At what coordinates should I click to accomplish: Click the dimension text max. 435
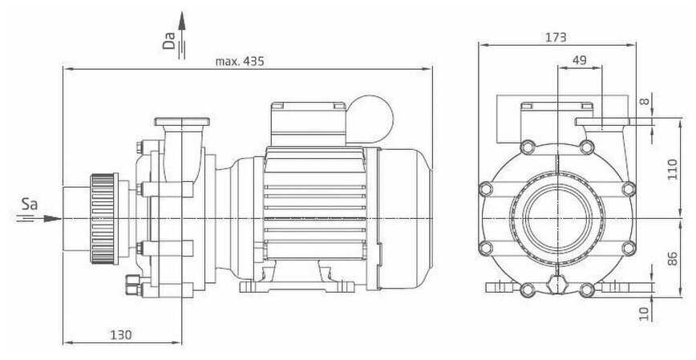click(240, 61)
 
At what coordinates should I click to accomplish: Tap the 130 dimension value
click(121, 334)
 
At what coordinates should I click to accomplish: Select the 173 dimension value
click(556, 38)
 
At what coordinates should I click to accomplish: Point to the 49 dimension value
click(579, 60)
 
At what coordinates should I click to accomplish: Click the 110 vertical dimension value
click(673, 168)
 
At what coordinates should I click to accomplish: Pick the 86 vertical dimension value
click(673, 259)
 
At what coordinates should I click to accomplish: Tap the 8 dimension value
click(645, 101)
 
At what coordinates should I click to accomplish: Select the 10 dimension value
click(645, 313)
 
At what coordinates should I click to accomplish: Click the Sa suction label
click(30, 204)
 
